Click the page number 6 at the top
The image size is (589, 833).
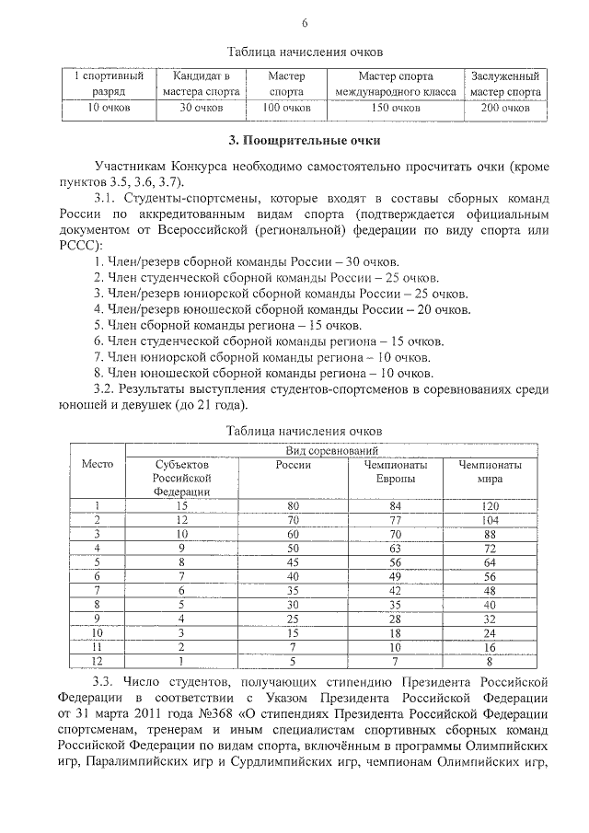(305, 23)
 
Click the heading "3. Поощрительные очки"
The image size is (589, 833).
(304, 140)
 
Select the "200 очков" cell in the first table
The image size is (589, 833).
(503, 109)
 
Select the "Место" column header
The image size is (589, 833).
(97, 464)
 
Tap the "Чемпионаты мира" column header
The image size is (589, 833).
(489, 472)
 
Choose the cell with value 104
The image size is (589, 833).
(489, 520)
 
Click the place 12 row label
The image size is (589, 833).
(97, 659)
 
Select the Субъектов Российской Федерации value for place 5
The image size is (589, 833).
(182, 561)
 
